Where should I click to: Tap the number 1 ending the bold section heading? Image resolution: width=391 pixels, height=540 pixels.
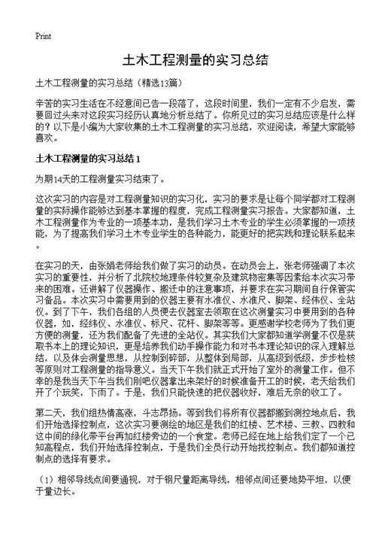pos(138,159)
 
